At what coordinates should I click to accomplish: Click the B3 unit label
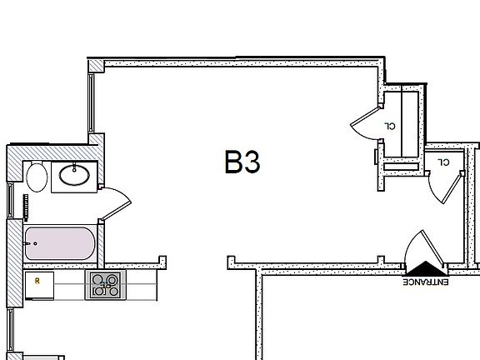point(242,162)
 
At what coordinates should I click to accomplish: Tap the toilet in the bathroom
point(37,177)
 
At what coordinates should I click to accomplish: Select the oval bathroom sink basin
point(74,175)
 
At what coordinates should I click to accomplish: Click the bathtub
point(60,243)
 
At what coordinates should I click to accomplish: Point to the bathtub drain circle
point(35,243)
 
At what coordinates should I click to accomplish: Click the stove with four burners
point(105,285)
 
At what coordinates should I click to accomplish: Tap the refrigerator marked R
point(39,285)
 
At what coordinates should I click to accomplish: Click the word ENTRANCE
point(426,282)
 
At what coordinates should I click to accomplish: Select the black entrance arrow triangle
point(426,268)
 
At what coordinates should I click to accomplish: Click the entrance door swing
point(424,247)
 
